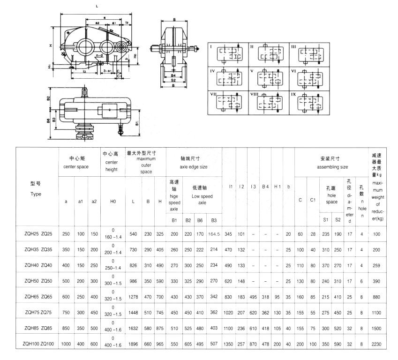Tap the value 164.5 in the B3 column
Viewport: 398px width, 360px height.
(x=214, y=233)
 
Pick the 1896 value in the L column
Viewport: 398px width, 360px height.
(x=134, y=344)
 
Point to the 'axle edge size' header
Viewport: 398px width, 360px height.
(x=194, y=166)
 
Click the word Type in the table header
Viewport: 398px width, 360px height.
(x=36, y=194)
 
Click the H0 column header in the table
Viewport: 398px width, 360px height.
(x=113, y=202)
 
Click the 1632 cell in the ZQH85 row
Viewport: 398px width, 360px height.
(x=134, y=329)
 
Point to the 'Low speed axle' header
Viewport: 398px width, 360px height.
(x=202, y=199)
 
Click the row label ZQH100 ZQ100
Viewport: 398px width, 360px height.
(x=38, y=344)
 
